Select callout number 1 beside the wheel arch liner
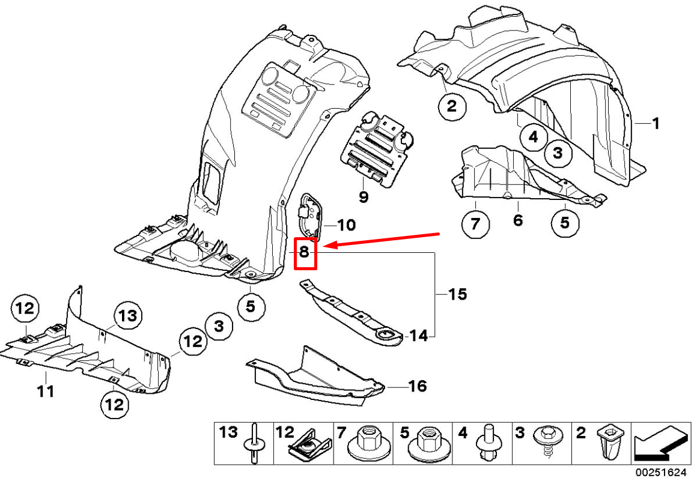pos(656,124)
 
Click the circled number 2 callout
pos(452,107)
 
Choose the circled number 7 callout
pos(475,225)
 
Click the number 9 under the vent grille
pos(364,196)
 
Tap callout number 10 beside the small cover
pos(346,225)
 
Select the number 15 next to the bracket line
pos(457,294)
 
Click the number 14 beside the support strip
pos(418,336)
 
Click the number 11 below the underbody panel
pos(45,392)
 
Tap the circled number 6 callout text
pos(518,220)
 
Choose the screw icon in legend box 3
pos(548,443)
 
